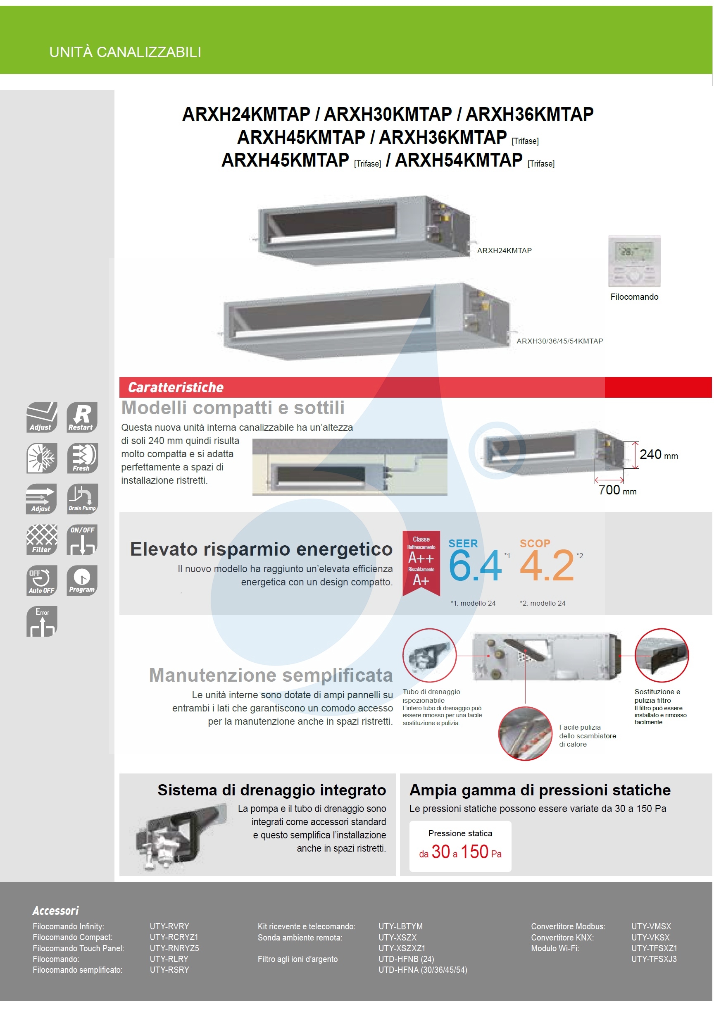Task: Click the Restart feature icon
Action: pos(82,417)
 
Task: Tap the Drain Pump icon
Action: pos(82,499)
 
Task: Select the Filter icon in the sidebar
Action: pos(42,539)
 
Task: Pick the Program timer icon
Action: pos(82,580)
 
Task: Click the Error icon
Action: pos(42,621)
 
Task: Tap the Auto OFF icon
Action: pos(42,580)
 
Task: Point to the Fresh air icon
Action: pos(82,458)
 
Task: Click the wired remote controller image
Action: pos(634,261)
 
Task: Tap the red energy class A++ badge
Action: pos(421,562)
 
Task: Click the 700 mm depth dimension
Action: pos(616,490)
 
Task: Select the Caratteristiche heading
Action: pos(175,387)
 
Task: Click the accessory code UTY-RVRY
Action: pos(169,926)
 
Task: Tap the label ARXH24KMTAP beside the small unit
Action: pos(504,251)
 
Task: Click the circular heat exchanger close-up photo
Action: pos(525,733)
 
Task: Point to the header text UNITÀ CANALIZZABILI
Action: pos(125,52)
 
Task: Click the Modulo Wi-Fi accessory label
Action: pos(555,948)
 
